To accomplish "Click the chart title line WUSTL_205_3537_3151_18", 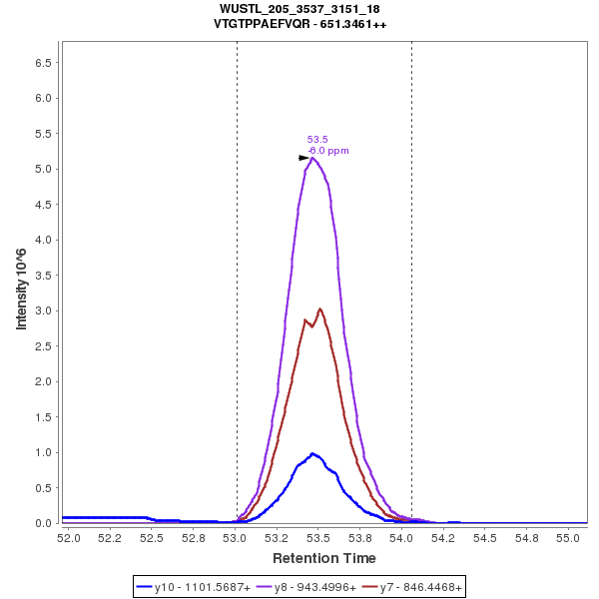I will (x=299, y=9).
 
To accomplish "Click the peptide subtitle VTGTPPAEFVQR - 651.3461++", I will (x=299, y=23).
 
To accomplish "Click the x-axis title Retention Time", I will (x=325, y=558).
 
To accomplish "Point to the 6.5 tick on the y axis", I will (x=43, y=63).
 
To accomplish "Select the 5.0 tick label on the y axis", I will (x=43, y=169).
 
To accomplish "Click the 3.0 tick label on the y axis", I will (x=43, y=310).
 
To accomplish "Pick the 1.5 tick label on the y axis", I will (x=43, y=416).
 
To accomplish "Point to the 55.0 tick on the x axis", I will (x=568, y=537).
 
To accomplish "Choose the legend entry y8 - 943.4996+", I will (x=306, y=587).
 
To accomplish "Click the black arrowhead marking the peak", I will (x=304, y=158).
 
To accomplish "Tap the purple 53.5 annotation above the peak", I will (x=317, y=139).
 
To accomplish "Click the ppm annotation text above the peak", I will (x=329, y=151).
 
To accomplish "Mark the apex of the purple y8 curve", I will (x=313, y=158).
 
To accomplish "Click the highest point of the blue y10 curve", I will (x=313, y=453).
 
